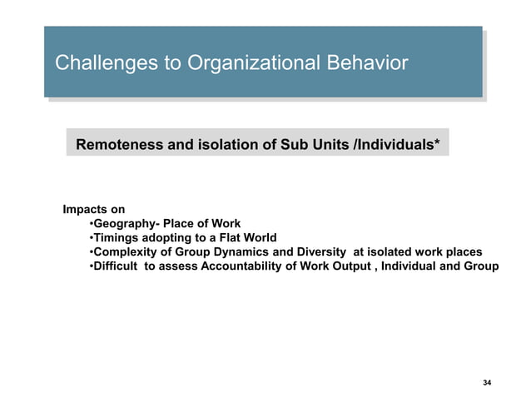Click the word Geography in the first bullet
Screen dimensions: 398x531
coord(122,224)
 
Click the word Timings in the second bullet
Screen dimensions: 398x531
coord(116,238)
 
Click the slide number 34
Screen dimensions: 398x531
coord(487,382)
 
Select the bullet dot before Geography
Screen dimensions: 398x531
coord(90,224)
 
